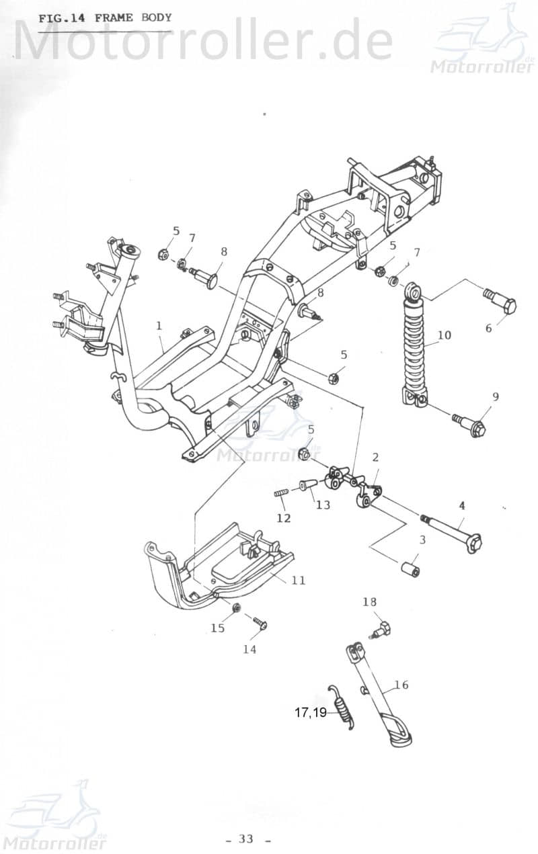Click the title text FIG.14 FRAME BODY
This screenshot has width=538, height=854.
(x=105, y=18)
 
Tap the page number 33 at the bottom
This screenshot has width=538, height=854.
(x=246, y=838)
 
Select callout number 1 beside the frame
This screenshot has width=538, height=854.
(x=159, y=326)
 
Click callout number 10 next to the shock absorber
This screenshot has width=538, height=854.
(x=444, y=335)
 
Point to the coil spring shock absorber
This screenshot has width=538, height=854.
(x=415, y=349)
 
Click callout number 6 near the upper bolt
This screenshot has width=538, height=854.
(x=489, y=328)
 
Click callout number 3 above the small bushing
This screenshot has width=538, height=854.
(x=422, y=540)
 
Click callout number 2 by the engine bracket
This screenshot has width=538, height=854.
(x=375, y=458)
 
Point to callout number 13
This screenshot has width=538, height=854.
(x=323, y=505)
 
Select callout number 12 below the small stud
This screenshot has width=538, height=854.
(x=284, y=518)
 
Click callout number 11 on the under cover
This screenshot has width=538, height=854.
(x=298, y=579)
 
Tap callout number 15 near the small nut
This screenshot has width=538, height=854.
(x=217, y=628)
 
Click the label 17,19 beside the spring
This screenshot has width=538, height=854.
(x=310, y=713)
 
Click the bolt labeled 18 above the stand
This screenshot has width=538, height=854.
(x=383, y=630)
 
